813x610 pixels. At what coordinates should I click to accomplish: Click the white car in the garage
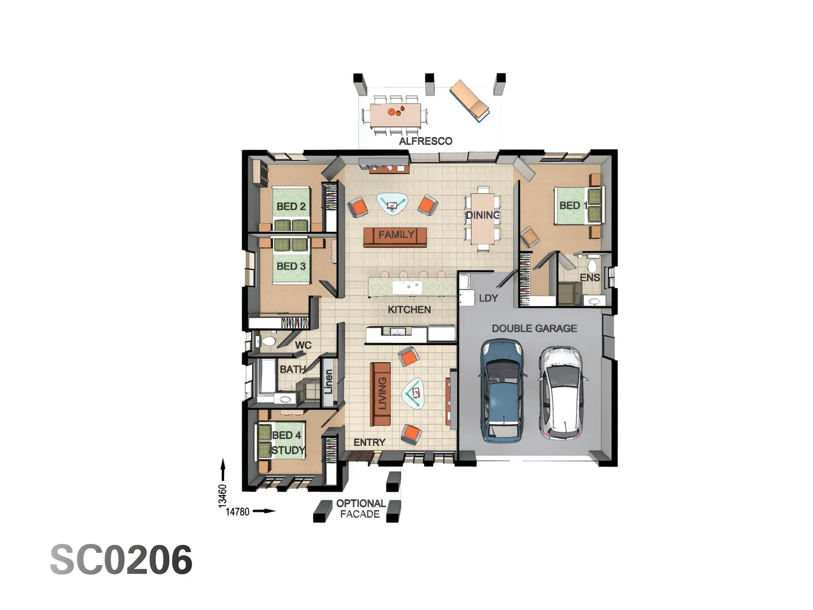(x=562, y=393)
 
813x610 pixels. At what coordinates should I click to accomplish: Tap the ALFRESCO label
(x=426, y=141)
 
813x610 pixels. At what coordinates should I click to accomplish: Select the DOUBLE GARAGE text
(x=534, y=328)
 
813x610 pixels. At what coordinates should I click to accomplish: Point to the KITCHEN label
(x=409, y=310)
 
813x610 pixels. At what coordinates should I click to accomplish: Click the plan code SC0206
(x=121, y=560)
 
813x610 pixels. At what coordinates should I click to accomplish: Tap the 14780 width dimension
(x=238, y=512)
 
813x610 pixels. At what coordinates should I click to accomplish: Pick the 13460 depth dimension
(x=222, y=495)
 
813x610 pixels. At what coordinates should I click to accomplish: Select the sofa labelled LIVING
(x=381, y=394)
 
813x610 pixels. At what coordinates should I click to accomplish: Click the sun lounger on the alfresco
(x=470, y=100)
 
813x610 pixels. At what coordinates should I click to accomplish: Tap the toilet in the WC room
(x=268, y=341)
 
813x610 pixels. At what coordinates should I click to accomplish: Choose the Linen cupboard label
(x=328, y=381)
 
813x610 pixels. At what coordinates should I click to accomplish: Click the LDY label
(x=488, y=298)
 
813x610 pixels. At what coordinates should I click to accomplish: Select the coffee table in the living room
(x=413, y=393)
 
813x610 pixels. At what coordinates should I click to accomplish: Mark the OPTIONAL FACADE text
(x=361, y=508)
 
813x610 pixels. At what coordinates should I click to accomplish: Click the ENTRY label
(x=369, y=442)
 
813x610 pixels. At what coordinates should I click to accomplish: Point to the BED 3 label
(x=291, y=266)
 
